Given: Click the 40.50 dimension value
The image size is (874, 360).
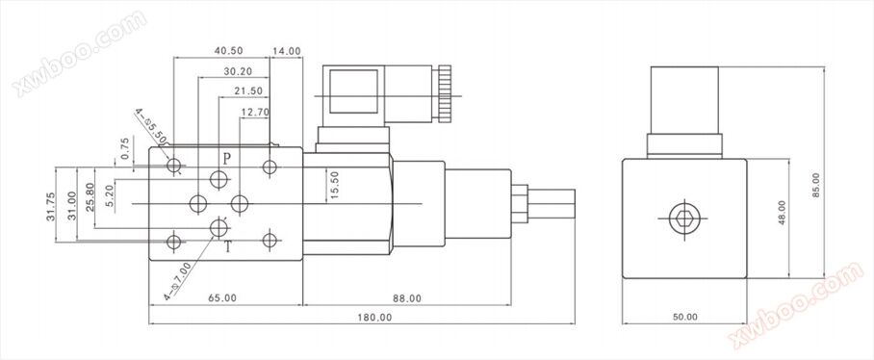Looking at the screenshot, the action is click(228, 51).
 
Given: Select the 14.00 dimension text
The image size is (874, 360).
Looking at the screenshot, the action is click(287, 51).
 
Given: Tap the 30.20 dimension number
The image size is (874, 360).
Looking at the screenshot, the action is click(238, 71).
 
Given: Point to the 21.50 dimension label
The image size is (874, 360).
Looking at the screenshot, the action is click(248, 91).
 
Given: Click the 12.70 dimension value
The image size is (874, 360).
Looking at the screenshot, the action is click(255, 112).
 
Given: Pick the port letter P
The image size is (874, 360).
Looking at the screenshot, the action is click(227, 159).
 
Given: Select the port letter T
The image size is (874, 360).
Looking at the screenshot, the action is click(228, 246).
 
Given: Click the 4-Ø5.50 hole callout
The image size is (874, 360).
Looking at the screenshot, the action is click(152, 125).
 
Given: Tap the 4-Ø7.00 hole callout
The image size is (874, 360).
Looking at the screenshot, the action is click(178, 281).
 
